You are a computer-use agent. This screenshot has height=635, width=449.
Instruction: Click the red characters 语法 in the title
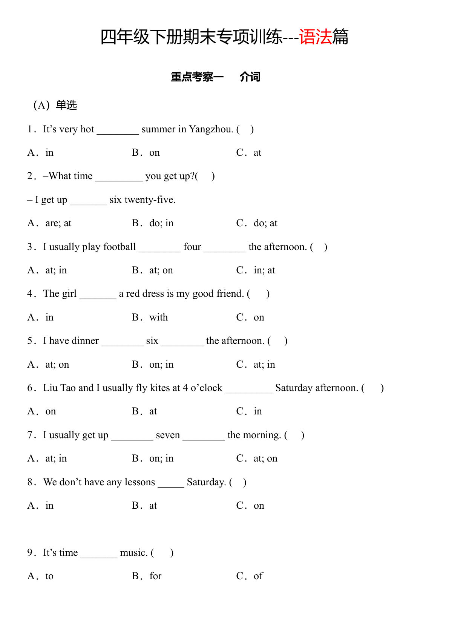(316, 37)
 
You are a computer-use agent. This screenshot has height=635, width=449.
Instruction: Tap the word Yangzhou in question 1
(211, 129)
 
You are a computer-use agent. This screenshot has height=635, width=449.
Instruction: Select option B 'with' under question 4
(158, 317)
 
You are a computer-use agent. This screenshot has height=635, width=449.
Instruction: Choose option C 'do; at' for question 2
(265, 223)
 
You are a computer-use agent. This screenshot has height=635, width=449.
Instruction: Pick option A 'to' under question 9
(49, 576)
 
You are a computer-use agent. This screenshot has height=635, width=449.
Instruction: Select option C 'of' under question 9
(258, 576)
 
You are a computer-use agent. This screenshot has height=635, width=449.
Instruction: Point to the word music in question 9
(133, 553)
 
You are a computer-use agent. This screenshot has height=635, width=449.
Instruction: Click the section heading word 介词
(250, 77)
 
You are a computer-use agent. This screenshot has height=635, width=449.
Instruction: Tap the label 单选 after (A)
(66, 105)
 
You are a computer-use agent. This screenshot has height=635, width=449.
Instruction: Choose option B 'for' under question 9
(155, 576)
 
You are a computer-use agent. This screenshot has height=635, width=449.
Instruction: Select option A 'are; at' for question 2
(58, 223)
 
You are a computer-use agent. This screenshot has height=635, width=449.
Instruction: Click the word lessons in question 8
(140, 482)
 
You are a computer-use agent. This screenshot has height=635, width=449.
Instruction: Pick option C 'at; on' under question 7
(265, 459)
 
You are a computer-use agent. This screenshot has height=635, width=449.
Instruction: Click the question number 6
(30, 388)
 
